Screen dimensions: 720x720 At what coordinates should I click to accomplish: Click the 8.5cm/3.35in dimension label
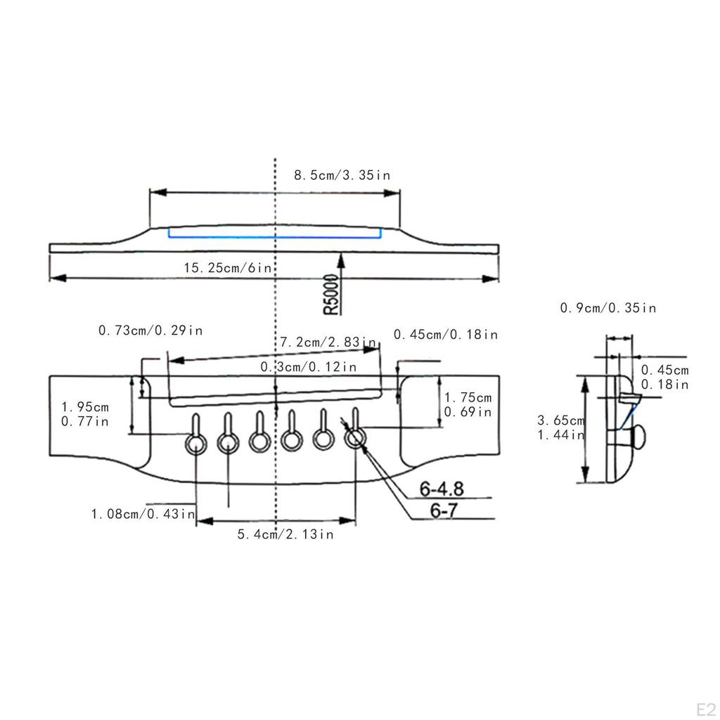pos(342,175)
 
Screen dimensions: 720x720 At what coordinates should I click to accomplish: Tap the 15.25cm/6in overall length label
pos(228,267)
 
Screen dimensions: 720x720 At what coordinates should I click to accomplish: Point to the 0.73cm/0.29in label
pos(150,330)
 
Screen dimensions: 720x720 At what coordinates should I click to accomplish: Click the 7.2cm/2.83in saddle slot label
pos(328,342)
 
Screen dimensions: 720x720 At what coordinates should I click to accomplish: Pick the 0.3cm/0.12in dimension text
pos(309,366)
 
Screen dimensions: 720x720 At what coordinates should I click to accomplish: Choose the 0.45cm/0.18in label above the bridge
pos(446,334)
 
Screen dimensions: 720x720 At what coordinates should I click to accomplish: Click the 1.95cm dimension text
pos(85,406)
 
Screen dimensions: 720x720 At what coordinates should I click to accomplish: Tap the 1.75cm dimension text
pos(468,397)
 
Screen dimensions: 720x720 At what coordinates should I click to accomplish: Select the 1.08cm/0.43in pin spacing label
pos(143,513)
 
